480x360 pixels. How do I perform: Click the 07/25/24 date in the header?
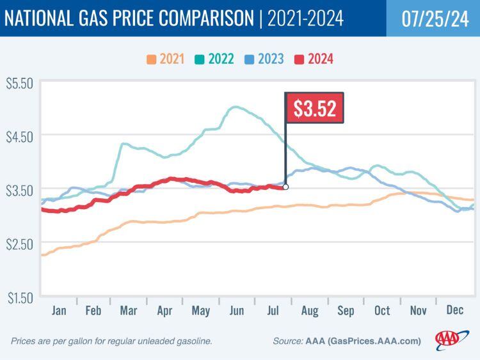pyautogui.click(x=433, y=18)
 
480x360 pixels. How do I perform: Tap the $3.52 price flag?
pyautogui.click(x=314, y=108)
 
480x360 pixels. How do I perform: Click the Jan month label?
pyautogui.click(x=58, y=311)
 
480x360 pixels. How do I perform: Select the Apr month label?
pyautogui.click(x=165, y=311)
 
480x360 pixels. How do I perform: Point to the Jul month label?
pyautogui.click(x=273, y=311)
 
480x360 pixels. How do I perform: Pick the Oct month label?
pyautogui.click(x=381, y=311)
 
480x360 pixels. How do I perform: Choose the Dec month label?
pyautogui.click(x=454, y=311)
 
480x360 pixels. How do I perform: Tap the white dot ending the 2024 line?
pyautogui.click(x=285, y=187)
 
